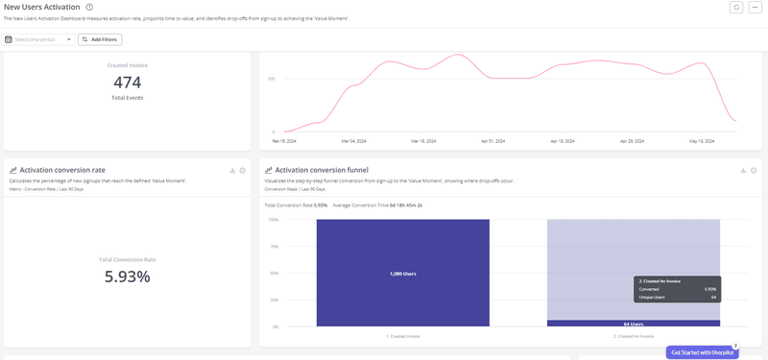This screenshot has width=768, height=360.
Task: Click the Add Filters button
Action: (x=100, y=39)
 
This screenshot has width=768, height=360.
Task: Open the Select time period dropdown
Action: (x=38, y=39)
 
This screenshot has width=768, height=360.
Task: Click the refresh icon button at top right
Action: (x=736, y=8)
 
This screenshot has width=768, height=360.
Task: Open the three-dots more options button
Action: (x=755, y=8)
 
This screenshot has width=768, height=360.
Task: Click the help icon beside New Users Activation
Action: (x=89, y=8)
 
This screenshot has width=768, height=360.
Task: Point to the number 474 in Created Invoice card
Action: (x=128, y=83)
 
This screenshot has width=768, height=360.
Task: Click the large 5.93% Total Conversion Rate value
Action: (x=128, y=276)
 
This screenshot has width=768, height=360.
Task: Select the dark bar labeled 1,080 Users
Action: (x=402, y=273)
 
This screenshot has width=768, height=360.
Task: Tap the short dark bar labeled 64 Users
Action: (x=633, y=324)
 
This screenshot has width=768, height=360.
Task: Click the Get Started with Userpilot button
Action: (x=702, y=352)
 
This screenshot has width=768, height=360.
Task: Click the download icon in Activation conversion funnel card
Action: (x=743, y=170)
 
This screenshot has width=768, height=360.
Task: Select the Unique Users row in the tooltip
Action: (x=677, y=298)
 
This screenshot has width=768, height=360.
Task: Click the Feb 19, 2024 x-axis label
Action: (x=283, y=140)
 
